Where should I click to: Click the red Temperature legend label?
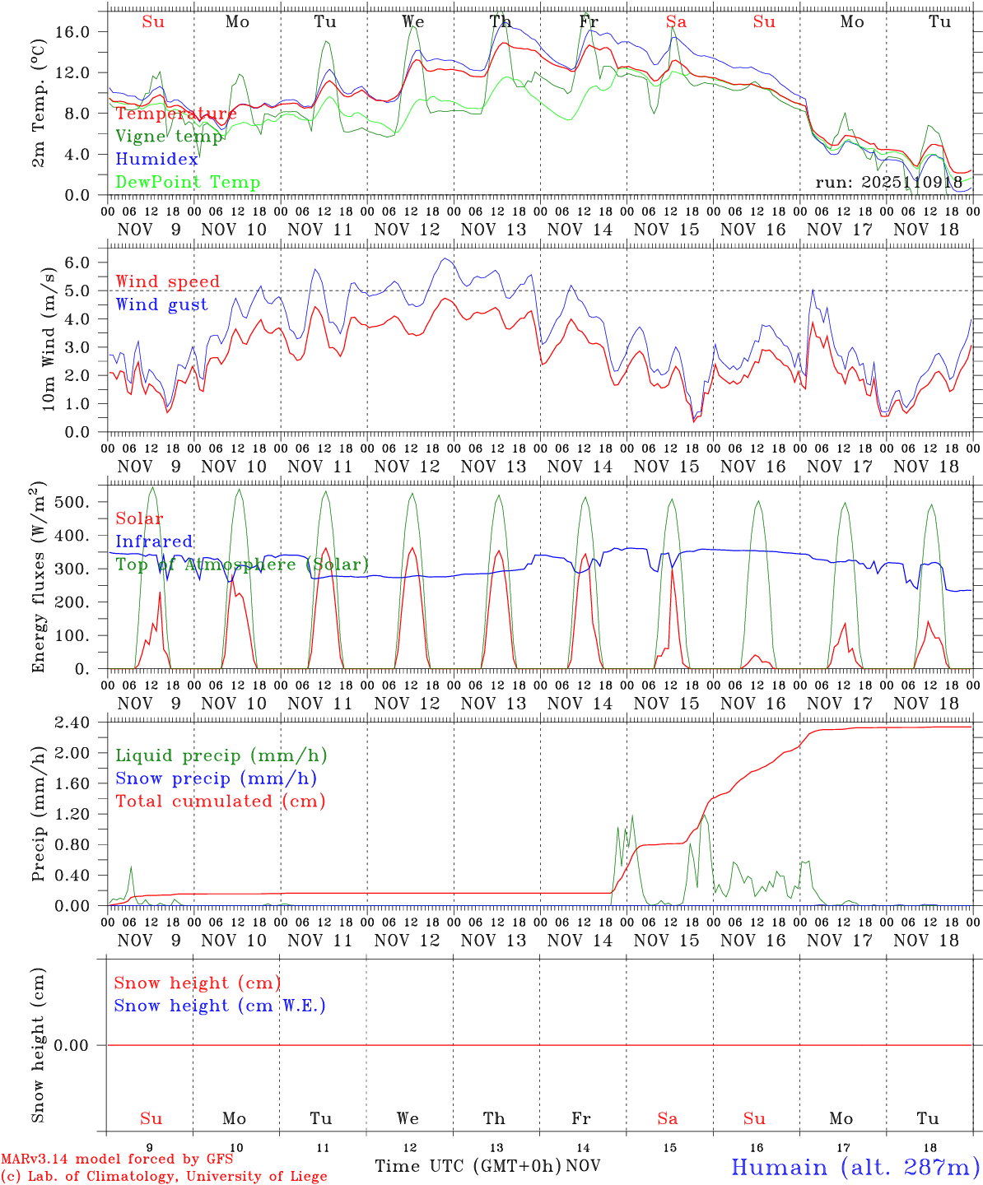coord(176,114)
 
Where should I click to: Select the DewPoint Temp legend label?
coord(188,182)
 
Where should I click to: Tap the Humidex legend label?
coord(157,159)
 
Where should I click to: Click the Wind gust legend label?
coord(161,304)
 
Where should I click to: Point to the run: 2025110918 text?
coord(889,182)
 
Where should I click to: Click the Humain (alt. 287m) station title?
coord(855,1166)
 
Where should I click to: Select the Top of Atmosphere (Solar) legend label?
coord(242,565)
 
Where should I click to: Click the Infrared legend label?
coord(154,541)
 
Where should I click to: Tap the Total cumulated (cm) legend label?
coord(221,801)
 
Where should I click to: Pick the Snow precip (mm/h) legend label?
coord(217,778)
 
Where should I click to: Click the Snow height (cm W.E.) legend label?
coord(220,1006)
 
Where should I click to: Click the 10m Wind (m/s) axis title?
coord(48,339)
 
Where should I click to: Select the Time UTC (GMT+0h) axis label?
coord(468,1166)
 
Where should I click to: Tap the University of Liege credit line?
coord(165,1177)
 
